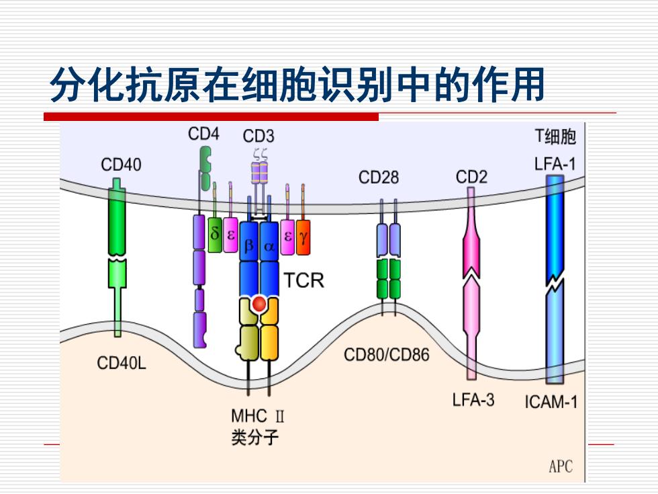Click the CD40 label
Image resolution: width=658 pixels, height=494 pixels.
[x=121, y=165]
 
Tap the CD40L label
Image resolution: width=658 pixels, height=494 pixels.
[x=122, y=363]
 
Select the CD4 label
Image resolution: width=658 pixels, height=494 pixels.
[x=203, y=134]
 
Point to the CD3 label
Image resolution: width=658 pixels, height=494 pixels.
[x=258, y=136]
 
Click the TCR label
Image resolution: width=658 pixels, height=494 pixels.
[x=304, y=280]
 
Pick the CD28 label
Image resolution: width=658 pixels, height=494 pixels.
[x=379, y=177]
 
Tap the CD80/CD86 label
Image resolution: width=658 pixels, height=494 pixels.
[x=387, y=355]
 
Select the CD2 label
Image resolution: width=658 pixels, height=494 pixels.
[x=471, y=177]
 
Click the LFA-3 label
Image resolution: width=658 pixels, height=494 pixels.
[x=473, y=399]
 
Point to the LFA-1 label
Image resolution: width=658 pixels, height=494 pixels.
[x=555, y=164]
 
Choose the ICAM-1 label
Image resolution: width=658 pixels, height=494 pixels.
[x=551, y=402]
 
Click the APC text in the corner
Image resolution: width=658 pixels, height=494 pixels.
[x=561, y=466]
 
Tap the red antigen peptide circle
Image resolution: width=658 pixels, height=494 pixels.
[x=259, y=303]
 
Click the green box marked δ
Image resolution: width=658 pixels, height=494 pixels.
[x=215, y=235]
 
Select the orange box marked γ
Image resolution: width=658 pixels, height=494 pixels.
[x=303, y=237]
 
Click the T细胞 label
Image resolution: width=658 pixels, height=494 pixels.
[x=555, y=136]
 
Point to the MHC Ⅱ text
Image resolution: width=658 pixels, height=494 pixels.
[x=258, y=416]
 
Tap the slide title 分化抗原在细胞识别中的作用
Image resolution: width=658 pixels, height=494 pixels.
[x=297, y=85]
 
